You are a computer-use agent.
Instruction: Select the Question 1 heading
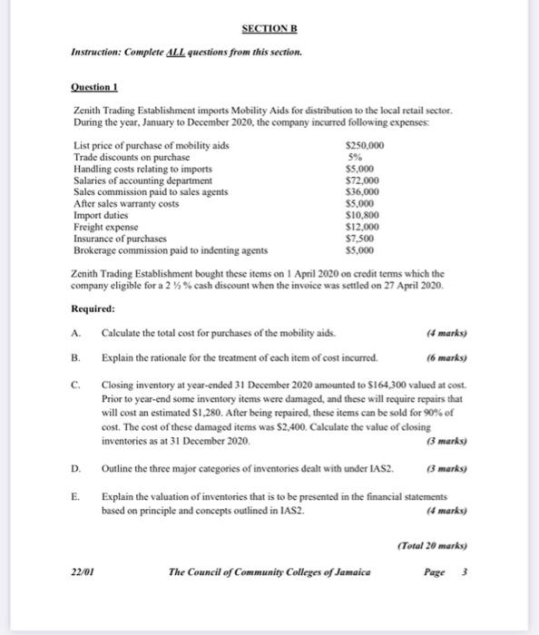click(x=94, y=87)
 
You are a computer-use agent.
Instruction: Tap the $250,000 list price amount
click(x=367, y=146)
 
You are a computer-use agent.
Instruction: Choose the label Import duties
click(x=99, y=215)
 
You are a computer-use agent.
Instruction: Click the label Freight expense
click(x=105, y=227)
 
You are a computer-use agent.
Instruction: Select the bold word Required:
click(x=93, y=308)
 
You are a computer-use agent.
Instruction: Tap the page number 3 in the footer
click(x=466, y=572)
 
